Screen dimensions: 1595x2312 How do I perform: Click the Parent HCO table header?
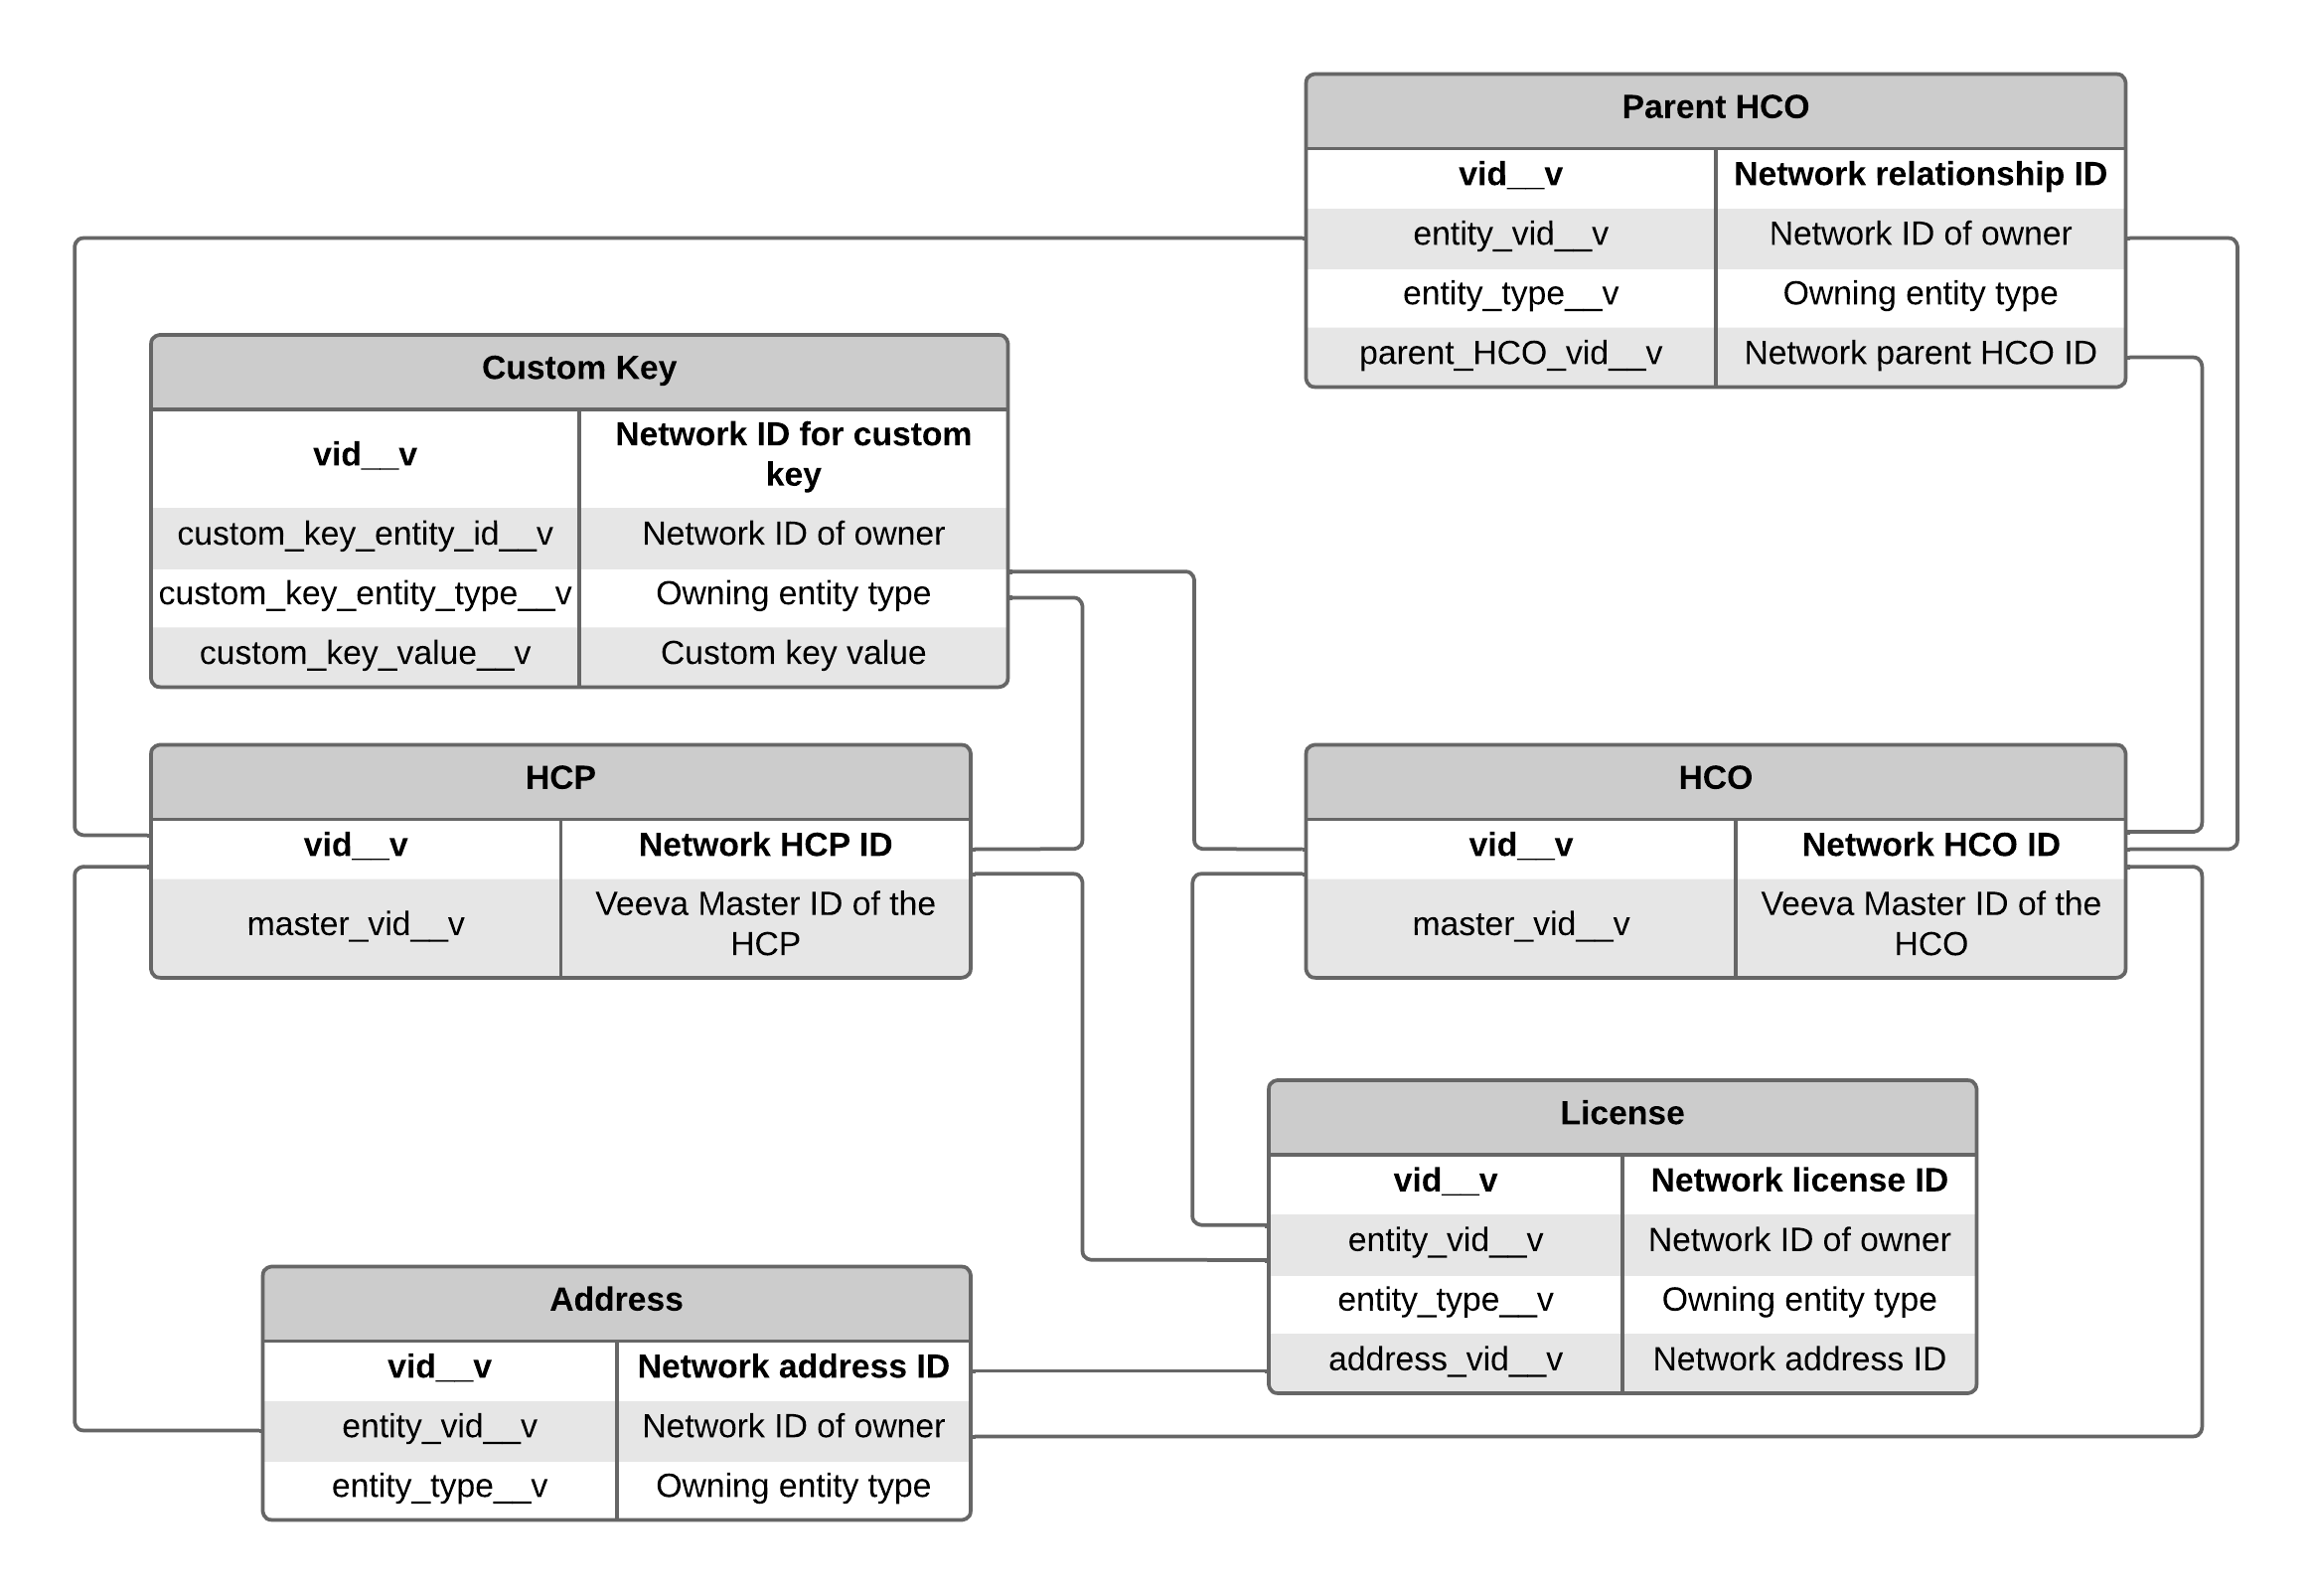coord(1715,108)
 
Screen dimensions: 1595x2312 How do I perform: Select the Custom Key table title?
coord(578,369)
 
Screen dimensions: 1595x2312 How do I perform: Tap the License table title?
coord(1621,1113)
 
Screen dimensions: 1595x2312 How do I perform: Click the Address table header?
coord(615,1300)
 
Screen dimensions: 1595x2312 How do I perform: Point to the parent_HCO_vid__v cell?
coord(1509,354)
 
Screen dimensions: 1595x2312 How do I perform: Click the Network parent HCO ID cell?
coord(1920,354)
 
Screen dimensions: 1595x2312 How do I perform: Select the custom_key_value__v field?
coord(365,654)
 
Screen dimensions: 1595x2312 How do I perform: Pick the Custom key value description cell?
coord(792,654)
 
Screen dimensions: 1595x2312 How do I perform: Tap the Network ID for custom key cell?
coord(792,455)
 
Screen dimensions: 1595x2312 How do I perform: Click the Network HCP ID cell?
coord(764,846)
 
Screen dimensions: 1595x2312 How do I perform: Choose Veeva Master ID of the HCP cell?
coord(764,924)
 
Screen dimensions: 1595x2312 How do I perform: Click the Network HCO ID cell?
coord(1930,846)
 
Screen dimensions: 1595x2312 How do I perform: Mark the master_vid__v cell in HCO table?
coord(1520,924)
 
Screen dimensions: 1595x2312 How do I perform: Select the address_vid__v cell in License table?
coord(1445,1360)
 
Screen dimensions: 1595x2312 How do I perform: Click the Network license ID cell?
coord(1798,1182)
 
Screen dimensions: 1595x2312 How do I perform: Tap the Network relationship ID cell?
coord(1920,175)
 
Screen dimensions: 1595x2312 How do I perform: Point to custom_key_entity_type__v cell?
coord(365,594)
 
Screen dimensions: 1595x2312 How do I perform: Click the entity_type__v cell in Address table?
coord(439,1487)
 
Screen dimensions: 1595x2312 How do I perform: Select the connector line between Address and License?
coord(1119,1372)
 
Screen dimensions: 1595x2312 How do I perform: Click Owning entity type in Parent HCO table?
coord(1920,294)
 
